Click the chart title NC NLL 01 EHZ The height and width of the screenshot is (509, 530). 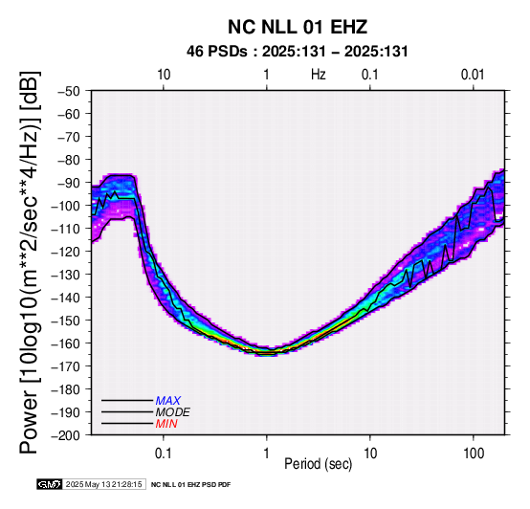click(x=298, y=27)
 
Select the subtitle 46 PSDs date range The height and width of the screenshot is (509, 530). click(x=298, y=52)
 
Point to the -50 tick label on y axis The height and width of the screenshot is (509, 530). click(x=69, y=91)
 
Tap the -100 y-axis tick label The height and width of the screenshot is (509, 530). click(x=66, y=206)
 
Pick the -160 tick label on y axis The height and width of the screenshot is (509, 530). click(x=66, y=343)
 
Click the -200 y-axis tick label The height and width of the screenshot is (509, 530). click(x=66, y=435)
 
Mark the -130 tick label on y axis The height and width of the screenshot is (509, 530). click(x=66, y=275)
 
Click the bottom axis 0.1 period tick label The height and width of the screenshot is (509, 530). click(x=164, y=454)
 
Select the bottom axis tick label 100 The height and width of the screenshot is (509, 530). click(x=474, y=454)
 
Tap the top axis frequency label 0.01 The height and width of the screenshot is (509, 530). click(x=473, y=75)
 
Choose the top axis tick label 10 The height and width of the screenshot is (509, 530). click(x=164, y=75)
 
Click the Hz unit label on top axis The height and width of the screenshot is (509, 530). click(x=319, y=75)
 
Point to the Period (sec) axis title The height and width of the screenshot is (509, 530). click(x=319, y=464)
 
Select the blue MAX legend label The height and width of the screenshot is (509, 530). click(x=168, y=401)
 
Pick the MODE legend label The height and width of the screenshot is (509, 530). click(x=173, y=412)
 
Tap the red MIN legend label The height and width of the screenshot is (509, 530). click(x=166, y=424)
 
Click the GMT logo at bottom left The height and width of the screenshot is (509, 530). click(x=50, y=484)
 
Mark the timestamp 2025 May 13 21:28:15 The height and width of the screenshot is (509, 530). click(x=103, y=484)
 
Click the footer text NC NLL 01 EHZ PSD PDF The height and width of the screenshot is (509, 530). click(x=191, y=485)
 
